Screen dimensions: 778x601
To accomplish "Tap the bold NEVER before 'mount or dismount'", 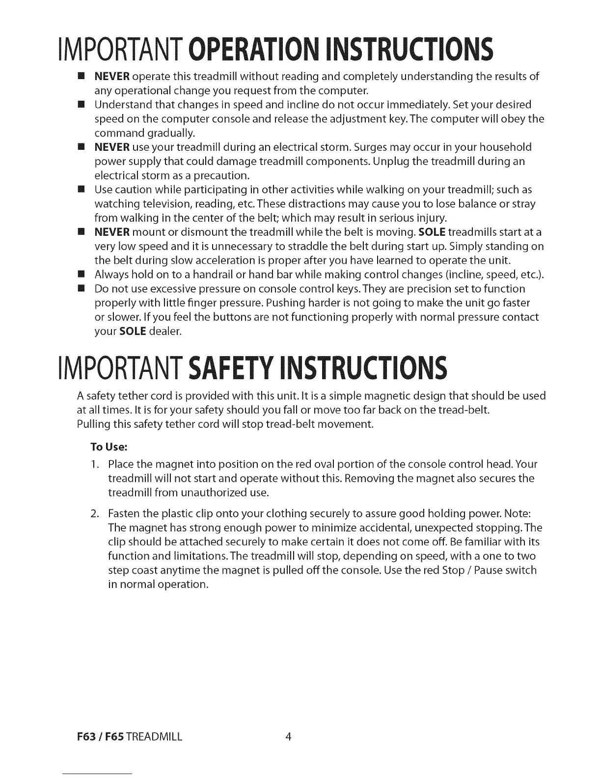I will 112,232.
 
